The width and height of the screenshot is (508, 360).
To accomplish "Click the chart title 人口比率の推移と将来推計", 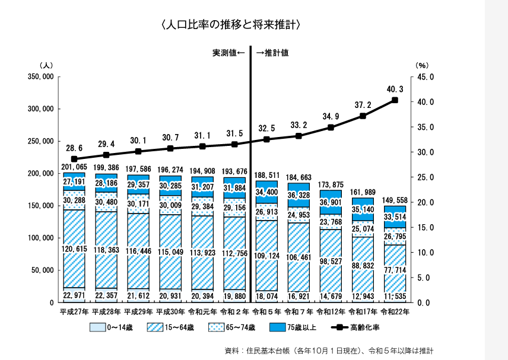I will [x=233, y=24].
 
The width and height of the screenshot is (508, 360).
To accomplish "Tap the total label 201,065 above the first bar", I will [x=74, y=168].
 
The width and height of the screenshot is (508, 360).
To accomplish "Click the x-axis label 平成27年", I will [x=74, y=311].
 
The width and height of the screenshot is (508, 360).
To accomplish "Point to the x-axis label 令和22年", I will [x=395, y=311].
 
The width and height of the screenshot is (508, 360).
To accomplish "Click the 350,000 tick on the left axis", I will [x=41, y=77].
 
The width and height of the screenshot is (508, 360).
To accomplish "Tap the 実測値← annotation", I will [x=228, y=53].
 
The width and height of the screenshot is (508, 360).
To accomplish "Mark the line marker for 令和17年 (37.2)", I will [x=363, y=116].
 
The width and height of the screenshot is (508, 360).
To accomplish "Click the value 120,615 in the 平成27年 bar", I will [x=74, y=249].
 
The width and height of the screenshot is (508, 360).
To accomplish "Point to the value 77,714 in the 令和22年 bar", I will [x=395, y=270].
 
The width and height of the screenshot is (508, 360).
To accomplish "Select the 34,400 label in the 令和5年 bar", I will [x=266, y=192].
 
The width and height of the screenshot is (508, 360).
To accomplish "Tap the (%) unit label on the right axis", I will [x=421, y=65].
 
